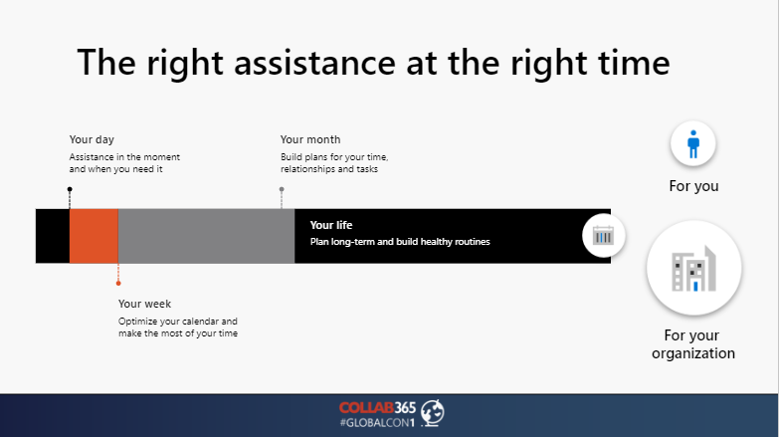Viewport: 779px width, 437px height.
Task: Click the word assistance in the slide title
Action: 315,63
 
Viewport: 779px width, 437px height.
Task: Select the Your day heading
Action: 92,139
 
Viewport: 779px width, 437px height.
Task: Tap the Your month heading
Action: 310,139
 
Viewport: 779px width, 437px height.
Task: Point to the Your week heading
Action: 144,304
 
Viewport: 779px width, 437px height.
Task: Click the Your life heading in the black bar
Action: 331,225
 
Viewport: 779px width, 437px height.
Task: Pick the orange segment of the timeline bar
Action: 94,236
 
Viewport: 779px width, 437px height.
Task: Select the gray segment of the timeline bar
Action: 206,236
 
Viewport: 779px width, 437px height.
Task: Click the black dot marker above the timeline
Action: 70,189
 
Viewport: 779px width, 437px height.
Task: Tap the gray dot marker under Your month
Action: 282,189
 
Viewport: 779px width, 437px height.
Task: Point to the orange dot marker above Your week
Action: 118,284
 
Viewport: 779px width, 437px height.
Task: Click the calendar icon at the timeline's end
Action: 603,236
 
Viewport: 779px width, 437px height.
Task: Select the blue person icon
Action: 693,144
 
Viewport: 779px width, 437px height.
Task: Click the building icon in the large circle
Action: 693,268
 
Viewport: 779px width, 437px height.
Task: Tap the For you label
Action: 693,186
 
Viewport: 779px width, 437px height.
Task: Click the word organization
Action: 693,353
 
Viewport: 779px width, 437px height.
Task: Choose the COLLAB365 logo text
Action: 378,408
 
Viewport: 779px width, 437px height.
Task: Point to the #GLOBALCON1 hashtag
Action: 377,423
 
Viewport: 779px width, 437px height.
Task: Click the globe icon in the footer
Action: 432,413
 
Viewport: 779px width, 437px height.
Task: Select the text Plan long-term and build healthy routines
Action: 400,242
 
